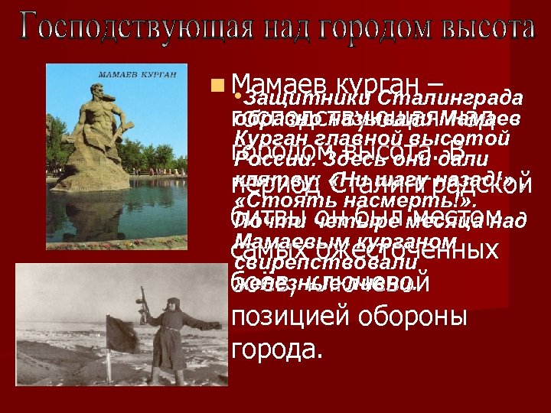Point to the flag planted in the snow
point(122,333)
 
